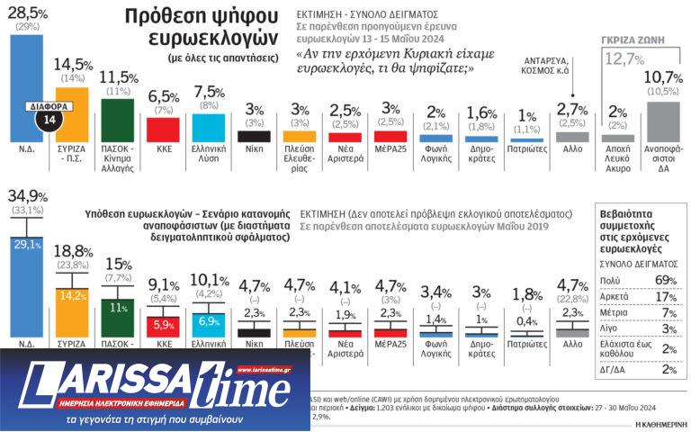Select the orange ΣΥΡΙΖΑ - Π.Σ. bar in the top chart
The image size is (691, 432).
coord(71,113)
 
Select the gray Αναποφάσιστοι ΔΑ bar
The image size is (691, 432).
coord(663,122)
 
